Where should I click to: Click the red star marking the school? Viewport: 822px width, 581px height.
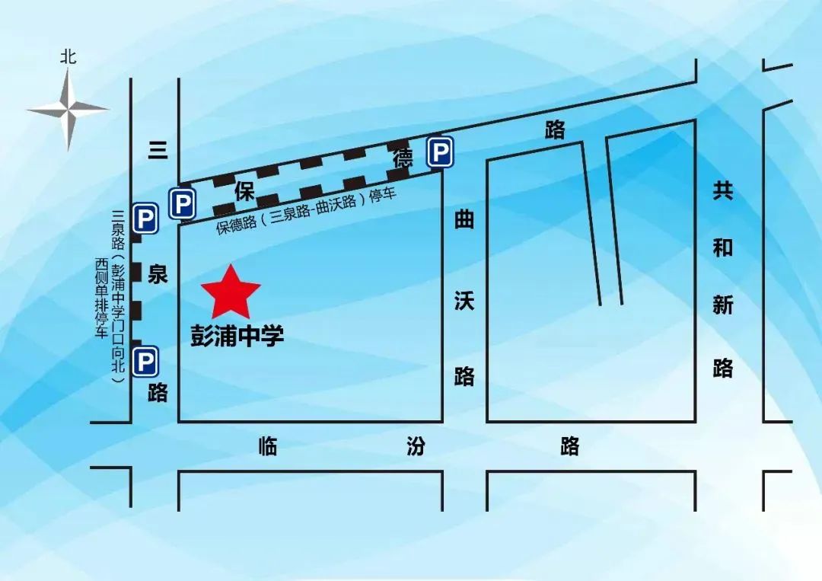coord(231,292)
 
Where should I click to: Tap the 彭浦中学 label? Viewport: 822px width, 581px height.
coord(237,335)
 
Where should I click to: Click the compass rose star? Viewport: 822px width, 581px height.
coord(68,110)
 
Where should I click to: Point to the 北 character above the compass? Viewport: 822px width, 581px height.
coord(68,57)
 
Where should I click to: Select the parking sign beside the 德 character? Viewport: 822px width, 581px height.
coord(439,152)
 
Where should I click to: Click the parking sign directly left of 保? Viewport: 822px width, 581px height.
coord(182,203)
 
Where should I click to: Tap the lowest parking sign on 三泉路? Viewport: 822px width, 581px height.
coord(145,361)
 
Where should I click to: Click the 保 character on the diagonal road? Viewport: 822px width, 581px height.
coord(244,191)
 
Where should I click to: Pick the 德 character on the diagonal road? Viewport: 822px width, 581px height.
coord(403,159)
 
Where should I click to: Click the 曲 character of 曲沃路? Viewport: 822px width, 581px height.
coord(464,219)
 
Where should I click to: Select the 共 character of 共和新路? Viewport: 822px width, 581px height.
coord(722,190)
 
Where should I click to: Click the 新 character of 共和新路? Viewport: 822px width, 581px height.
coord(722,305)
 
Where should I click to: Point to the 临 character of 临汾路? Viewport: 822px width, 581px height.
coord(267,446)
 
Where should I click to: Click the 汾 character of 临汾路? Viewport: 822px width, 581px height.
coord(416,446)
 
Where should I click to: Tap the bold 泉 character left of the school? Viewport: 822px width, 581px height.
coord(158,274)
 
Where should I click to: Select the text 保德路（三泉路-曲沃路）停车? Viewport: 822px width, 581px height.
coord(307,211)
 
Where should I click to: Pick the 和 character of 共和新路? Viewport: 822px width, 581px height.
coord(722,247)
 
